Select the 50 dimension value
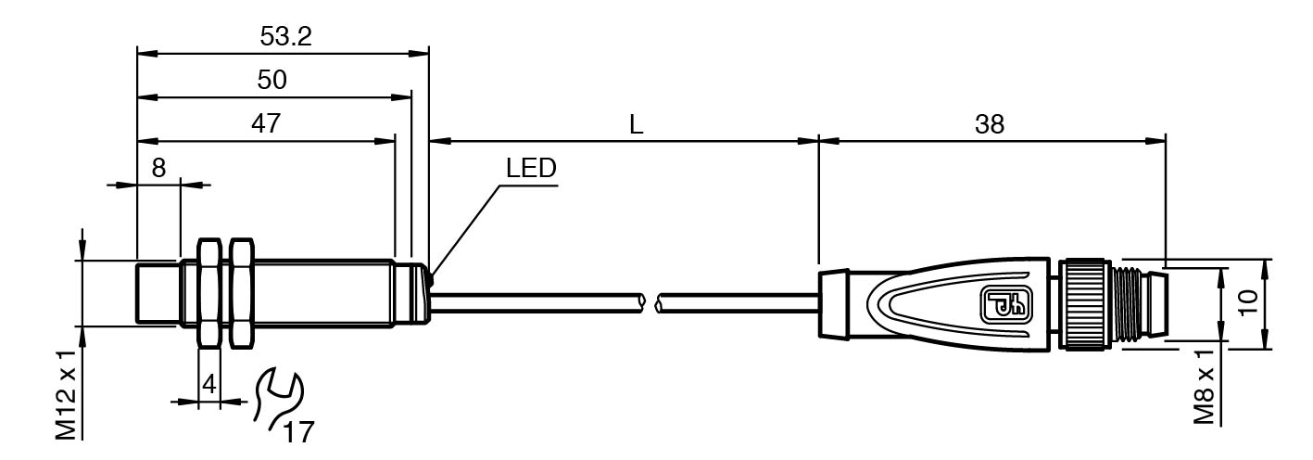pyautogui.click(x=271, y=81)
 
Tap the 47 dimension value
pyautogui.click(x=265, y=124)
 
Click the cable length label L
pyautogui.click(x=636, y=125)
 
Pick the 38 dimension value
pyautogui.click(x=990, y=125)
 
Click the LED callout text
pyautogui.click(x=531, y=169)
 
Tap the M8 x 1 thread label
pyautogui.click(x=1205, y=388)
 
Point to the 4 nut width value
pyautogui.click(x=209, y=384)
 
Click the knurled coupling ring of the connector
pyautogui.click(x=1084, y=303)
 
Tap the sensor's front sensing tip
pyautogui.click(x=158, y=293)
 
